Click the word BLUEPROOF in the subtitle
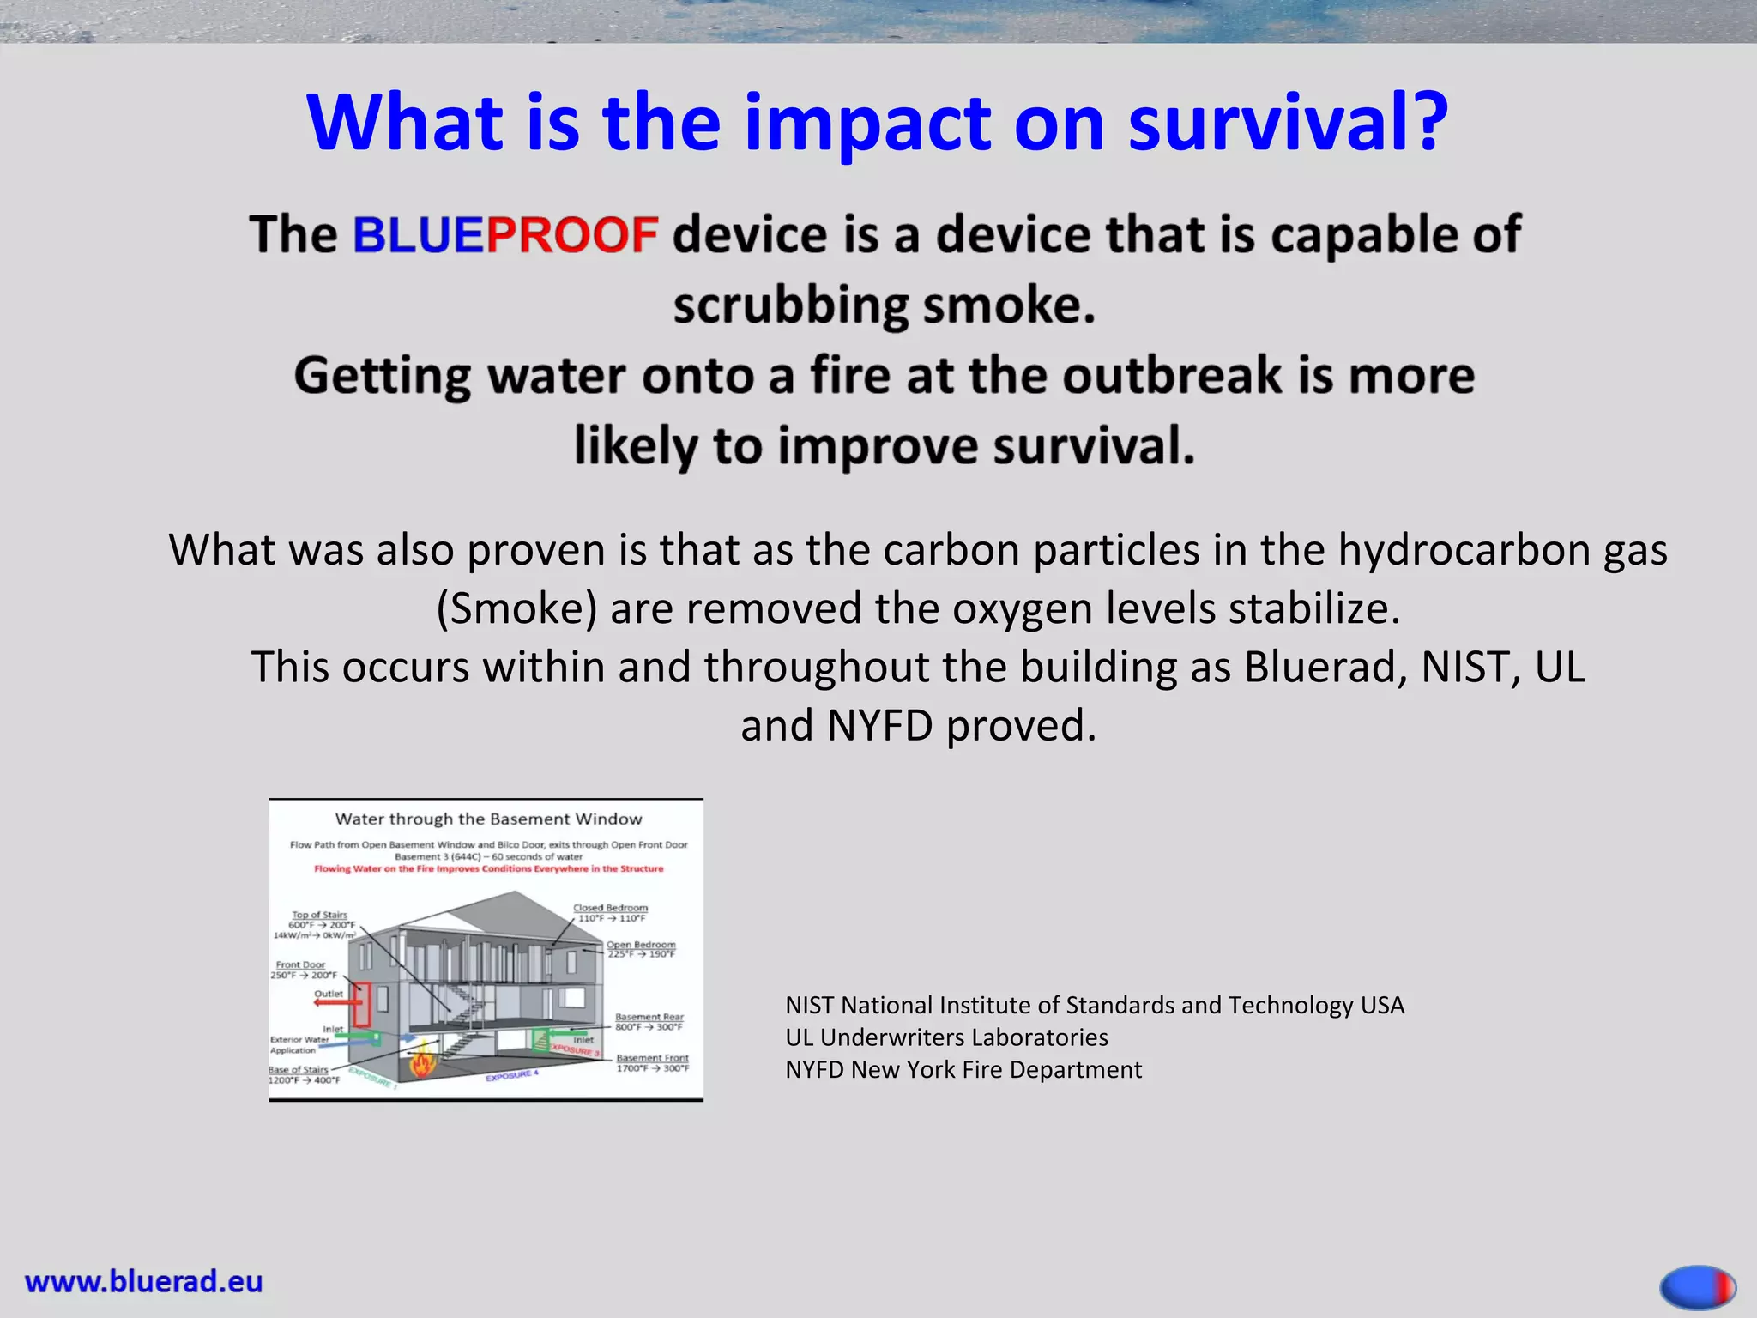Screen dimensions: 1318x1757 [504, 235]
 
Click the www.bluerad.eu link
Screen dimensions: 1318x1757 [144, 1281]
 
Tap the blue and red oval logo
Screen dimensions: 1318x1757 [1698, 1287]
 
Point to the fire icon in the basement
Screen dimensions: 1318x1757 [422, 1064]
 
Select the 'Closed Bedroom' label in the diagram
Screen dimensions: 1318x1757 [610, 908]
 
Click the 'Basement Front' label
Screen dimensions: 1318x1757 [652, 1058]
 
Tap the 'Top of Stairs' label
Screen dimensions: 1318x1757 [319, 915]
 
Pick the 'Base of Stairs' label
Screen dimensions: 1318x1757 [299, 1070]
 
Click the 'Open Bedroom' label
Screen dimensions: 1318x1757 [641, 945]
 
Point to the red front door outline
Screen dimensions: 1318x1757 [362, 1004]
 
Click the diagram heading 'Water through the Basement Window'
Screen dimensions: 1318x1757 [488, 819]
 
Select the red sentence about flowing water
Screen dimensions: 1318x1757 [488, 868]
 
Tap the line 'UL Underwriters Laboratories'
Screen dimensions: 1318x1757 [946, 1037]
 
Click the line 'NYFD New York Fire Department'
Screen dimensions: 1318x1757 [963, 1070]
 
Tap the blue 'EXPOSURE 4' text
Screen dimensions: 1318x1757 [512, 1075]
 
